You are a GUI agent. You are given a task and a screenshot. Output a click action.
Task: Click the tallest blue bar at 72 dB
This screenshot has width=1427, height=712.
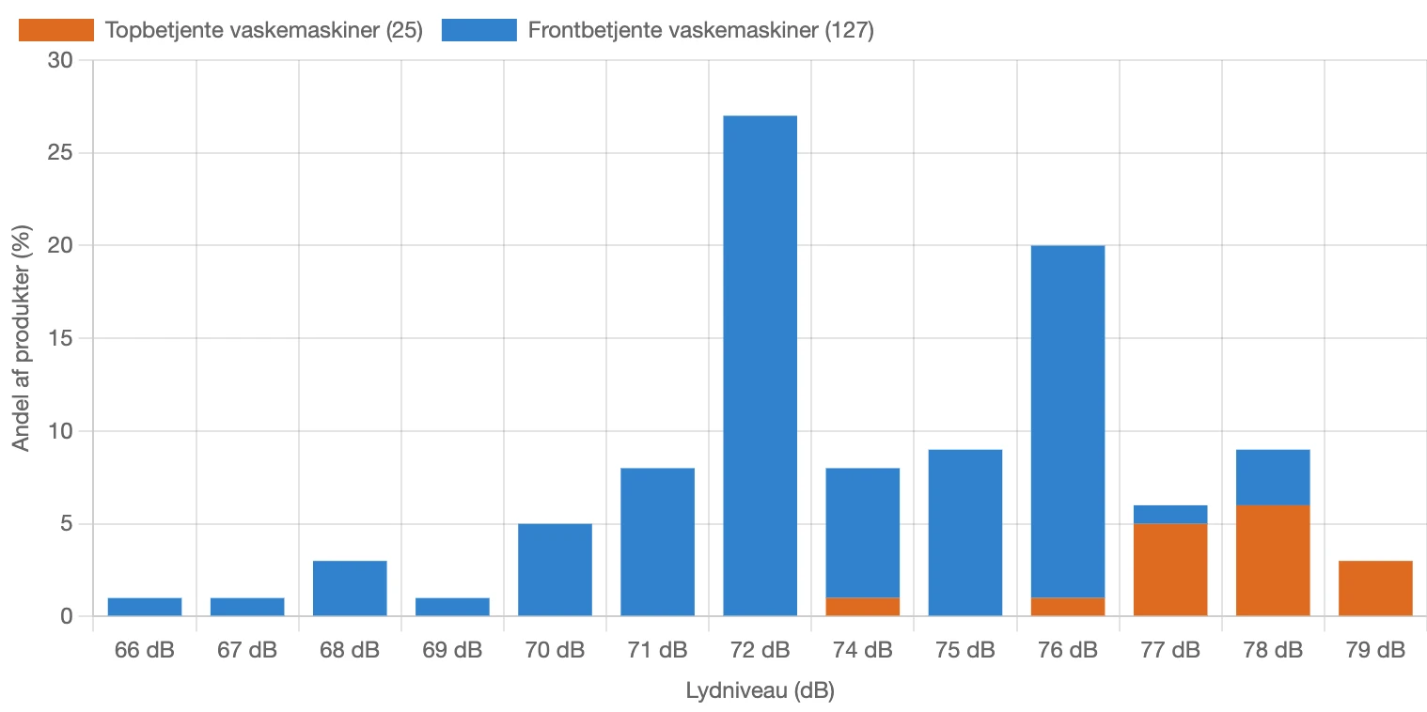pos(760,365)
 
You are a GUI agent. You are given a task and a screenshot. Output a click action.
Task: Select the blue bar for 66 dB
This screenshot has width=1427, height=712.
pos(145,607)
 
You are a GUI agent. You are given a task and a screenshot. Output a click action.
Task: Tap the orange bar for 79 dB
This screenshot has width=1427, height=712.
pos(1375,588)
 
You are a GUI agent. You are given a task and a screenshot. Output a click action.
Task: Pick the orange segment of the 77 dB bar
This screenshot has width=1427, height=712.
pos(1170,569)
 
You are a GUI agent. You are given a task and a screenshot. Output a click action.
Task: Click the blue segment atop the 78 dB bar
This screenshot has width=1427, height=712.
pos(1273,477)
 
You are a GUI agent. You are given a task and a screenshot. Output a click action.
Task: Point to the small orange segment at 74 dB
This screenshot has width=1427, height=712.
pos(862,607)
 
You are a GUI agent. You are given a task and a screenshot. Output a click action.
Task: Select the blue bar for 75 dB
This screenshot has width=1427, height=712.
pos(964,533)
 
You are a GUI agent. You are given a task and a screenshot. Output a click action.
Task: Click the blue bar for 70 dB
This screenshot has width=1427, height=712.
pos(555,569)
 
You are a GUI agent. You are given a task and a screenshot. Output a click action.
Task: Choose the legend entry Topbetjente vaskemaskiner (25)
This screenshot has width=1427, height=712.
pos(264,30)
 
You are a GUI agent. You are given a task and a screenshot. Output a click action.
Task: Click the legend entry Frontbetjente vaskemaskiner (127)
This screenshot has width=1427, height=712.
pos(700,30)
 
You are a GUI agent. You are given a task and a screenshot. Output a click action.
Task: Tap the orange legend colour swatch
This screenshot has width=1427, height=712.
pos(56,30)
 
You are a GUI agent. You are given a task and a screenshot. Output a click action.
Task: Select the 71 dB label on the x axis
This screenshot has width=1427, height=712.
pos(657,650)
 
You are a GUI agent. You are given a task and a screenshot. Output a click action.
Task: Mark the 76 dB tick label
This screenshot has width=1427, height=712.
pos(1068,650)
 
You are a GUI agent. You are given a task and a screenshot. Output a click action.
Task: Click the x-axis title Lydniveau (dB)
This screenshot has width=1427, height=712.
pos(760,691)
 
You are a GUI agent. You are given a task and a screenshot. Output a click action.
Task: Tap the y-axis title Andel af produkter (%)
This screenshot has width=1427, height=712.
pos(22,338)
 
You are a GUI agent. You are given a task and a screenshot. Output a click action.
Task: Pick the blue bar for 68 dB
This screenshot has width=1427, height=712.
pos(350,588)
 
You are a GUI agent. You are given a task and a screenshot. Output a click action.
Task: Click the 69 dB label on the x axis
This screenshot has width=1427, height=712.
pos(452,650)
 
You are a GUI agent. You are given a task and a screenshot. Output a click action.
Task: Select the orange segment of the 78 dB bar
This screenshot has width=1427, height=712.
pos(1273,560)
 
